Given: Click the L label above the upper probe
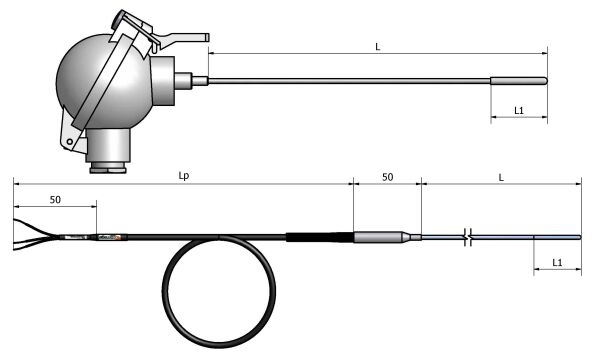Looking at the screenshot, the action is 378,47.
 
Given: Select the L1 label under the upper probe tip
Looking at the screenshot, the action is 518,111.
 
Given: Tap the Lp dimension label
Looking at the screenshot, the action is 184,176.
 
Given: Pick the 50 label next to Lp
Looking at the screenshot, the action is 387,177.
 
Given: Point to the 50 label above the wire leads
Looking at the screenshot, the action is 55,200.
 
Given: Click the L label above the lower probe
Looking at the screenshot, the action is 501,178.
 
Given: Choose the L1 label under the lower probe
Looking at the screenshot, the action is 557,262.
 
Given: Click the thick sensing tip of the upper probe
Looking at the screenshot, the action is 519,81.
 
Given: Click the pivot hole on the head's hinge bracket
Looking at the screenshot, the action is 70,142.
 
